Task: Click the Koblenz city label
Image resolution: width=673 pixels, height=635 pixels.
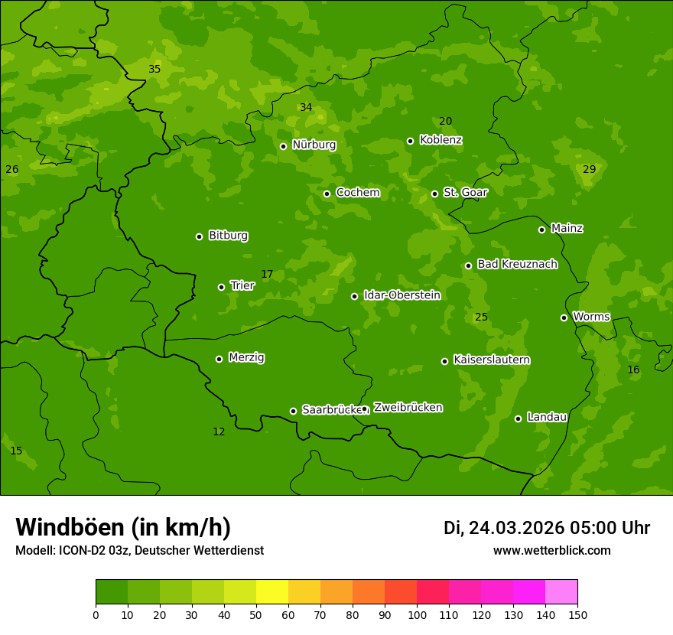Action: click(441, 140)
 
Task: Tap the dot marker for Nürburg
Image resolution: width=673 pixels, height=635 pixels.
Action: click(283, 146)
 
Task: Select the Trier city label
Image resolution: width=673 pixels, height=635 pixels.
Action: click(242, 285)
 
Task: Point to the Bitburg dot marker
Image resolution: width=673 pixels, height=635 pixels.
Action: click(199, 236)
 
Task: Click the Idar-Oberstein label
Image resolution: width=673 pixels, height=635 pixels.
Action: click(402, 295)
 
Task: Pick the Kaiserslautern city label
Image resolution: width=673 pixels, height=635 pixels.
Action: click(492, 360)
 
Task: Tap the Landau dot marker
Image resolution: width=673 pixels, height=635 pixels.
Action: click(518, 418)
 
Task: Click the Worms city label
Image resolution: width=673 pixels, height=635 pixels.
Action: click(591, 317)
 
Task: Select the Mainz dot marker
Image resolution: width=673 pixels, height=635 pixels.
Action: click(541, 230)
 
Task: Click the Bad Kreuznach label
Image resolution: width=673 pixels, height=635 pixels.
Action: click(517, 264)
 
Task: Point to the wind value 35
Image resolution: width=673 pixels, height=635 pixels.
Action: click(154, 69)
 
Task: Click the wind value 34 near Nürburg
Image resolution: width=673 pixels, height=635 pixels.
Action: click(306, 107)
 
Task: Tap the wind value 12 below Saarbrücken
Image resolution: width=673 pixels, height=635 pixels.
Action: click(219, 431)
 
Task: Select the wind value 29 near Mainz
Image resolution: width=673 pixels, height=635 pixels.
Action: click(589, 169)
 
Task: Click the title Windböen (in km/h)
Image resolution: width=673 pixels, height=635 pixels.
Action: click(123, 527)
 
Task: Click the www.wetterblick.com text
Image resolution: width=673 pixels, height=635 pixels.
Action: click(551, 550)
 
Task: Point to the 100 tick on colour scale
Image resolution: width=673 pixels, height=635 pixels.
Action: click(417, 614)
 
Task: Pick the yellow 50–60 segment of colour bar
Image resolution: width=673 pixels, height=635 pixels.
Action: click(272, 592)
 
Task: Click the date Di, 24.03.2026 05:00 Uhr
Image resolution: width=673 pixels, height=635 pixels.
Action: click(546, 528)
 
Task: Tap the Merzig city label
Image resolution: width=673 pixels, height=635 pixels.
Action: click(246, 357)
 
